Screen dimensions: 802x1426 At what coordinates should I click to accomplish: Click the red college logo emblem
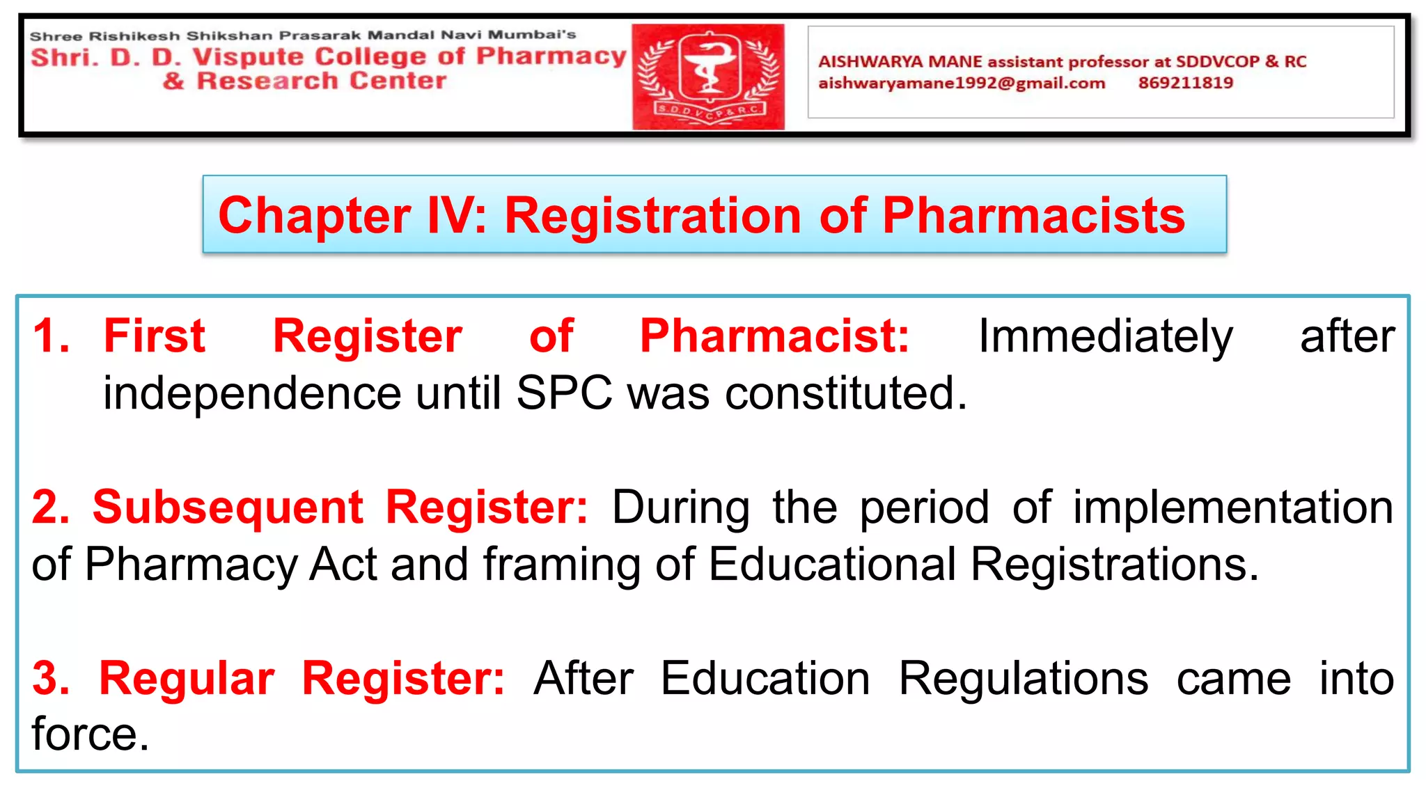(x=708, y=77)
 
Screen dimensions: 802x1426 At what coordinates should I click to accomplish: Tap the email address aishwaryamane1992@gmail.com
(x=962, y=84)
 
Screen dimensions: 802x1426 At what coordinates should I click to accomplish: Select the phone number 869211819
(x=1186, y=83)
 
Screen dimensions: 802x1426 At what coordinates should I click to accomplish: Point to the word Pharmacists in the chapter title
(x=1033, y=215)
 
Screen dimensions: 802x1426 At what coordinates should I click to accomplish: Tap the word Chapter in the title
(x=314, y=215)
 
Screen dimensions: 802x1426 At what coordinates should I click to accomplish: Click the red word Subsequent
(x=228, y=507)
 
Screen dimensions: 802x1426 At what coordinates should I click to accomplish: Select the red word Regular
(x=187, y=678)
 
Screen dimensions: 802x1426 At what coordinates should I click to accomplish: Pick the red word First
(x=154, y=336)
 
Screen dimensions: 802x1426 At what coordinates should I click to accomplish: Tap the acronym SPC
(x=564, y=393)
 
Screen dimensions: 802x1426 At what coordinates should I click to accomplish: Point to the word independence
(x=252, y=393)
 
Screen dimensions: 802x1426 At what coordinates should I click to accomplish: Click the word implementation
(x=1232, y=507)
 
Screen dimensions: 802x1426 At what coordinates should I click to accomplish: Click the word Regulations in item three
(x=1023, y=678)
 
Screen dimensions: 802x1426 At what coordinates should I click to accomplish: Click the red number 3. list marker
(x=51, y=678)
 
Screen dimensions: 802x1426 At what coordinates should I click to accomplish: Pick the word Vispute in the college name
(x=249, y=57)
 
